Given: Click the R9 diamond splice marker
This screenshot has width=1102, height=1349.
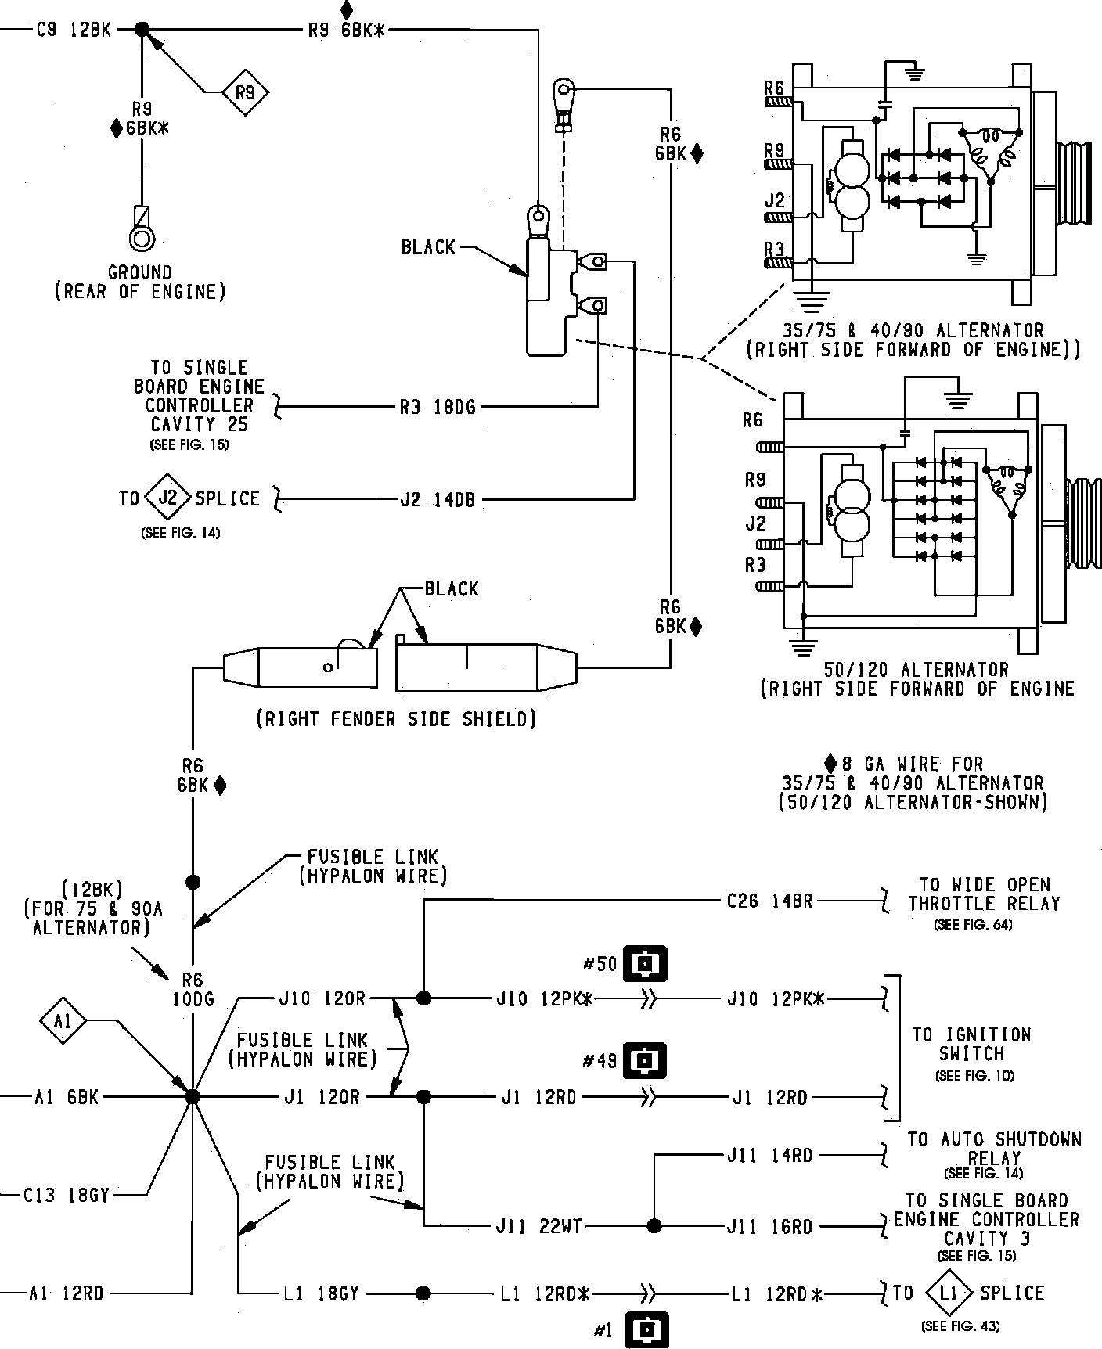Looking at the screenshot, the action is (x=245, y=93).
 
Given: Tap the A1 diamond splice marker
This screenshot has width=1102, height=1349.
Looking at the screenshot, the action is (x=63, y=1021).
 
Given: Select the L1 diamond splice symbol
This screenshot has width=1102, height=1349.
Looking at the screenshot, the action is (x=948, y=1293).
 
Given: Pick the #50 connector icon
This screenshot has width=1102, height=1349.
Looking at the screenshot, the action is (x=645, y=964).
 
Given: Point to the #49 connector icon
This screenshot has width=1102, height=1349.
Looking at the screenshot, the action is (x=644, y=1061).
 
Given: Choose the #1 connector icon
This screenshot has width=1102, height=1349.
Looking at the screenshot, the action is (x=646, y=1329).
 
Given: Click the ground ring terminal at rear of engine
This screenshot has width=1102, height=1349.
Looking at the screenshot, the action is (x=142, y=236).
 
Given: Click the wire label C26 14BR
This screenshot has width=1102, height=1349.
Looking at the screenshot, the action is (x=769, y=901).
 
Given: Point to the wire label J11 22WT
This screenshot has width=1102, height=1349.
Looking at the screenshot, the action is (x=539, y=1226).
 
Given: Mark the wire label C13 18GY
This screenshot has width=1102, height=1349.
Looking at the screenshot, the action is (x=67, y=1195).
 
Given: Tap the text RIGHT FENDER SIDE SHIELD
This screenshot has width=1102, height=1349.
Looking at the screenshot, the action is (x=396, y=718).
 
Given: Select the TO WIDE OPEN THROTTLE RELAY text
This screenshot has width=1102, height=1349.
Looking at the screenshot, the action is (x=984, y=894).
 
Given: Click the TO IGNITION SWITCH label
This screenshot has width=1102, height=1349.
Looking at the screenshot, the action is (x=972, y=1044).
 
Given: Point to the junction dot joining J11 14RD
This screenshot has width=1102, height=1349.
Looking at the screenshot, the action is (x=653, y=1226).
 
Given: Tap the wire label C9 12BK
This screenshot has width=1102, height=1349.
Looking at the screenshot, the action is (x=74, y=31).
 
